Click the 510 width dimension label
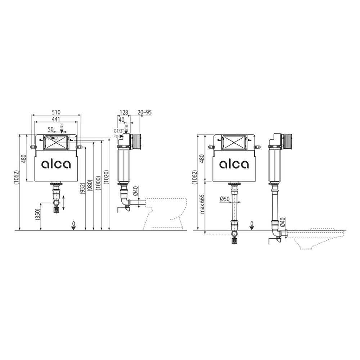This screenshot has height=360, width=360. (56, 112)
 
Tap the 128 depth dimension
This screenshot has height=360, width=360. (124, 112)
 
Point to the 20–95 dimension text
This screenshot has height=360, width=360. (145, 112)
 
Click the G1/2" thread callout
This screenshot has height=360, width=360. (118, 131)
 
